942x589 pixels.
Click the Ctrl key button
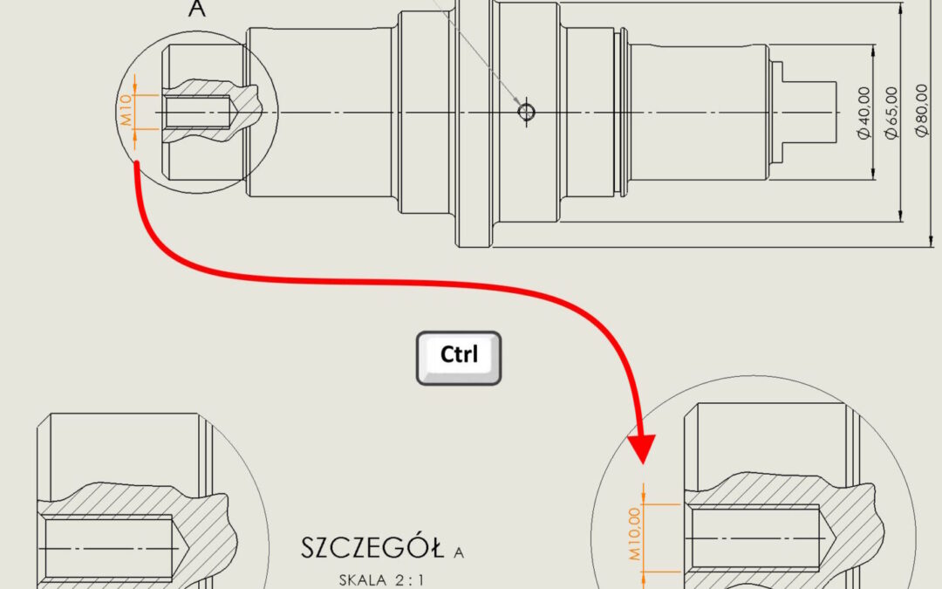pos(459,357)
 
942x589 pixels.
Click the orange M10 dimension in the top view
pos(126,112)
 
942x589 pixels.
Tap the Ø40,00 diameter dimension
pos(863,113)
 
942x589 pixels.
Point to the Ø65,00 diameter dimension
pos(891,113)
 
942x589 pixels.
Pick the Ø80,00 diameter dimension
pos(921,113)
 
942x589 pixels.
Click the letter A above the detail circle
pos(199,10)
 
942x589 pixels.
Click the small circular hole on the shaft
pos(526,112)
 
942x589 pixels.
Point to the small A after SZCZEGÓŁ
pos(460,551)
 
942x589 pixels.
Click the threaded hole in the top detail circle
pos(197,112)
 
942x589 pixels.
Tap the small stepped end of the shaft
pos(807,112)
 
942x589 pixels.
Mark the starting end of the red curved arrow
pos(136,166)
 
